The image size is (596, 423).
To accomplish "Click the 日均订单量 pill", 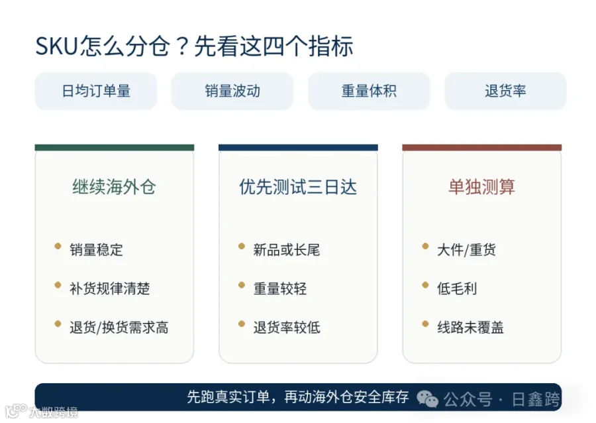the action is click(96, 91).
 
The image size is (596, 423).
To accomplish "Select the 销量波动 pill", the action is click(232, 91).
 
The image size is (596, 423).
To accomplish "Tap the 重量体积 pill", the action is click(369, 91).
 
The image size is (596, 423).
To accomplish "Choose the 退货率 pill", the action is click(505, 91).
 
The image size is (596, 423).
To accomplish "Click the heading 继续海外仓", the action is click(114, 187).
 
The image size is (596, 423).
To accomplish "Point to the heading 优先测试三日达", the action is click(298, 187).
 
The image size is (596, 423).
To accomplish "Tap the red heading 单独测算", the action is click(481, 187).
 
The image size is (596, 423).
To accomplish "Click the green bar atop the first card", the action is click(115, 148).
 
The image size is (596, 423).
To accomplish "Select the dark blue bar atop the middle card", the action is click(299, 148).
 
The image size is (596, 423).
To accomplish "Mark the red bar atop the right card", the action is click(482, 148).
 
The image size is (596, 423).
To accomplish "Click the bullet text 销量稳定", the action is click(96, 250).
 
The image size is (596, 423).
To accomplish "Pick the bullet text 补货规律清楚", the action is click(109, 288).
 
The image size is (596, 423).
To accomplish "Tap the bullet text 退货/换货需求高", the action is click(119, 328).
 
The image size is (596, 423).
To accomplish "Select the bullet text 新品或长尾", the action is click(287, 250).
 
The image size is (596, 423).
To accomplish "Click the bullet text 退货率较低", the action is click(287, 328).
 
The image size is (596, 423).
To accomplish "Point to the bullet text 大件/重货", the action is click(466, 250).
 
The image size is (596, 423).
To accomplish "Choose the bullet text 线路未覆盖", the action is click(470, 328).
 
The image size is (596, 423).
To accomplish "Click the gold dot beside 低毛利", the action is click(425, 285).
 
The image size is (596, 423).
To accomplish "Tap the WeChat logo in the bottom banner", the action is click(428, 399).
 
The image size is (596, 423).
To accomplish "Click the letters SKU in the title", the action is click(57, 46).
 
